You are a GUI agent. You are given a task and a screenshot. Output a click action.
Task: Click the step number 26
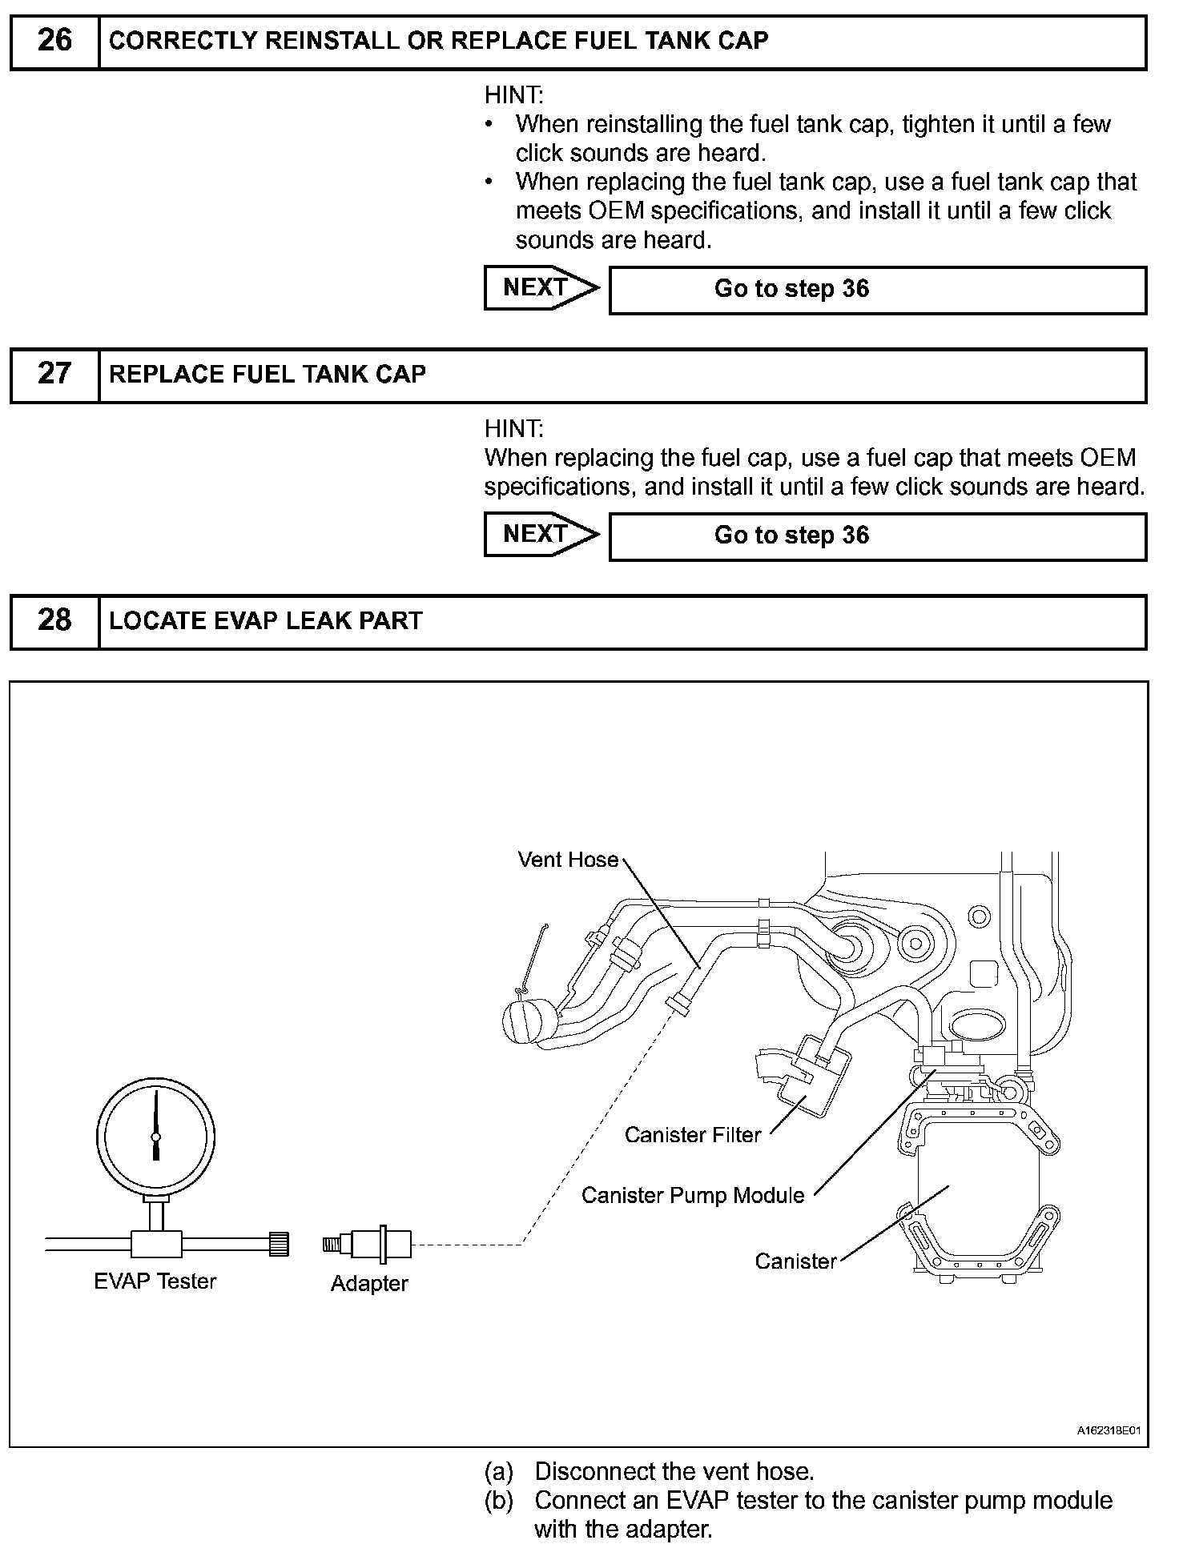pos(54,40)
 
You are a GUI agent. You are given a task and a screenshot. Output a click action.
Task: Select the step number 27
pos(54,374)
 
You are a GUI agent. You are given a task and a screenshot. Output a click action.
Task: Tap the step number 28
pos(54,620)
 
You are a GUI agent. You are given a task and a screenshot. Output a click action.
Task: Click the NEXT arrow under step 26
pos(541,287)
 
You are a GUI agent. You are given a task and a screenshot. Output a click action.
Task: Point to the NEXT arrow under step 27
pos(541,534)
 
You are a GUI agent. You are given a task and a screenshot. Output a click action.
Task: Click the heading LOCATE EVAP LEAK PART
pos(265,621)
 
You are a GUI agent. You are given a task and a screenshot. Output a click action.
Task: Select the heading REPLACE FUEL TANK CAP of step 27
pos(268,375)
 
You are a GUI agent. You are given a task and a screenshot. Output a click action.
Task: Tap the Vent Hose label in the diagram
pos(568,860)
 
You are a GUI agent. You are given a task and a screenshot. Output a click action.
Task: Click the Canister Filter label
pos(692,1135)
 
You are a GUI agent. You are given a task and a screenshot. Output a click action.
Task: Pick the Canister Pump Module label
pos(692,1196)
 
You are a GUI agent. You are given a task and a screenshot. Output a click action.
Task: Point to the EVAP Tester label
pos(155,1281)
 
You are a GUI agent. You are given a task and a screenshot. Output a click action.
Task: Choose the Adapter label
pos(369,1284)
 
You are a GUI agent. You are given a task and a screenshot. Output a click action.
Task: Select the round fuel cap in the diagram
pos(529,1021)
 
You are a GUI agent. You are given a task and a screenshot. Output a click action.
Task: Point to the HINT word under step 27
pos(513,429)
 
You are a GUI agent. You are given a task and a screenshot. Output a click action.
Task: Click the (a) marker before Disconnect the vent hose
pos(498,1471)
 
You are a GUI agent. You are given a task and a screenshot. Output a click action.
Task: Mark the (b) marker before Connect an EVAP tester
pos(498,1500)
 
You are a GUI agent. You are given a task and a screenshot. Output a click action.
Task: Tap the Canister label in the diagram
pos(795,1261)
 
